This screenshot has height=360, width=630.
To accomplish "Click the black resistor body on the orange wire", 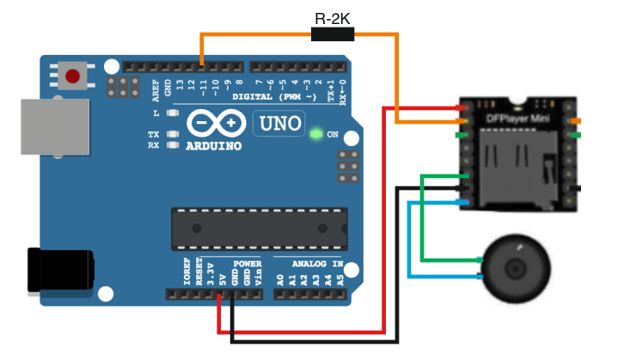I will [x=332, y=34].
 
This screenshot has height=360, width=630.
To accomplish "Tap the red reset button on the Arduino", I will [x=73, y=76].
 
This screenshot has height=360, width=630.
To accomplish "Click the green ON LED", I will [x=316, y=134].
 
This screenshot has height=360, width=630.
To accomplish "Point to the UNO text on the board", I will [x=279, y=125].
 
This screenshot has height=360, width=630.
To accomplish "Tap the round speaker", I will [x=519, y=269].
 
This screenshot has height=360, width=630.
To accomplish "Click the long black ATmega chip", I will [x=259, y=226].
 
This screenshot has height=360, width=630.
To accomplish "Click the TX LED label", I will [x=154, y=134].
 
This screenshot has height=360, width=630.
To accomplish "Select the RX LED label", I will [x=154, y=145].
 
